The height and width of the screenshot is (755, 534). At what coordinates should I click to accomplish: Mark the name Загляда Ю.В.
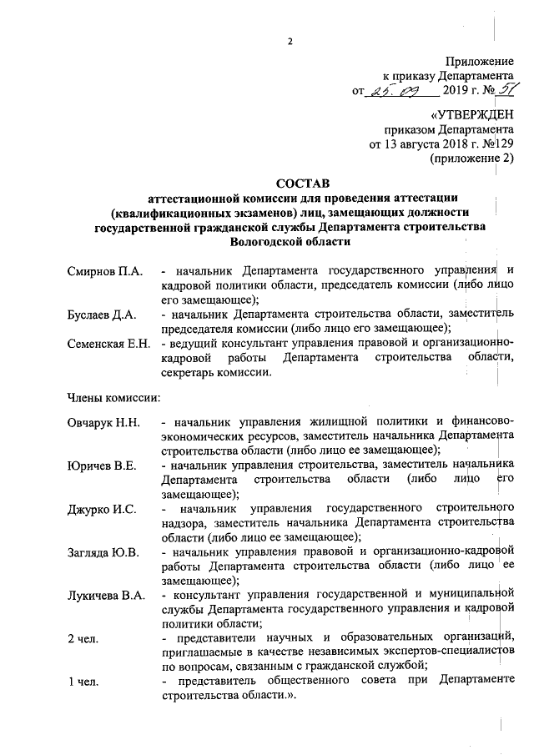click(x=103, y=551)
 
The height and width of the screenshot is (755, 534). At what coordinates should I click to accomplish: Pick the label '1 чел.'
click(x=83, y=682)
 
